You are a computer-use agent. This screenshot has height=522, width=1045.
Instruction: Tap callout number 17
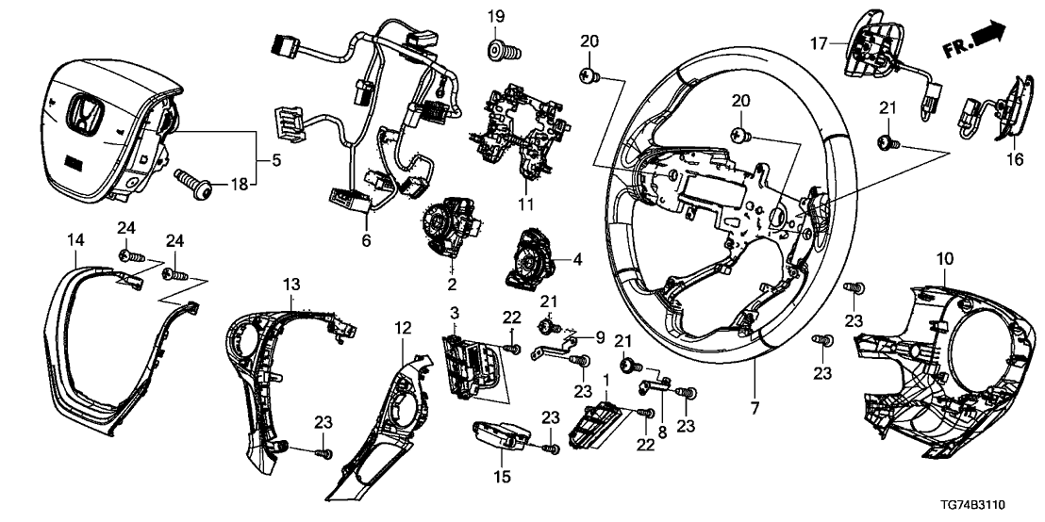click(x=817, y=42)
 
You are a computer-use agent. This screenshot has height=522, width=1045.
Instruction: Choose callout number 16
click(x=1014, y=161)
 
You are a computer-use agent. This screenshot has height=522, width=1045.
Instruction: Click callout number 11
click(x=527, y=204)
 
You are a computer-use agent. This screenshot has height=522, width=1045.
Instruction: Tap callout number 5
click(x=275, y=160)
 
